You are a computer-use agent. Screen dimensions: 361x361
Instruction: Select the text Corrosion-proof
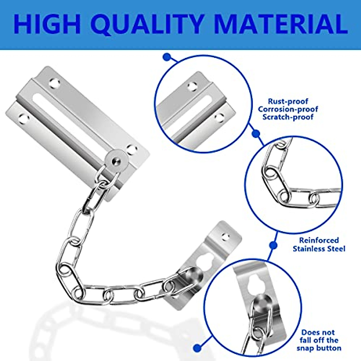288,109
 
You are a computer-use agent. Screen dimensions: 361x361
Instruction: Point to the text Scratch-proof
288,117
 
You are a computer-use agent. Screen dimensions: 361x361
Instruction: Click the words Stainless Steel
319,249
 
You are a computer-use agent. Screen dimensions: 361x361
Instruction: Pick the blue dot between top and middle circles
256,133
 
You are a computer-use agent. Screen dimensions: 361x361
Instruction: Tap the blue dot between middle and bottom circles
273,245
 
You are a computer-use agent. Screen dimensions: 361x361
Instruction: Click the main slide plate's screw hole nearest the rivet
131,149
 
